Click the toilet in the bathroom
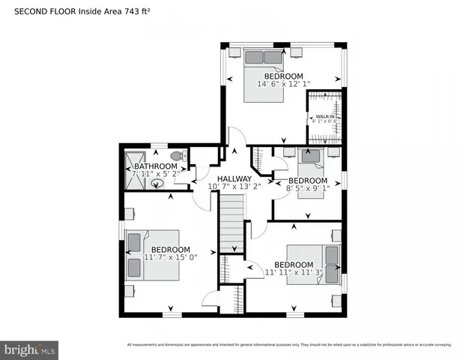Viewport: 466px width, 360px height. point(177,156)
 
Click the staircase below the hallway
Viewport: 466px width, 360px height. point(230,223)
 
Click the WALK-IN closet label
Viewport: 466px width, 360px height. point(324,116)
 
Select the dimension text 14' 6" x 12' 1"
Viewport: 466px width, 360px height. point(283,84)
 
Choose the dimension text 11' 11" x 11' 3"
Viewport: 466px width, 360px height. point(293,273)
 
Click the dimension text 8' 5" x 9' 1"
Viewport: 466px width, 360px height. point(308,189)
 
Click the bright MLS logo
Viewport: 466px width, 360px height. point(30,349)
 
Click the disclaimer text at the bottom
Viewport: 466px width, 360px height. point(289,345)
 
